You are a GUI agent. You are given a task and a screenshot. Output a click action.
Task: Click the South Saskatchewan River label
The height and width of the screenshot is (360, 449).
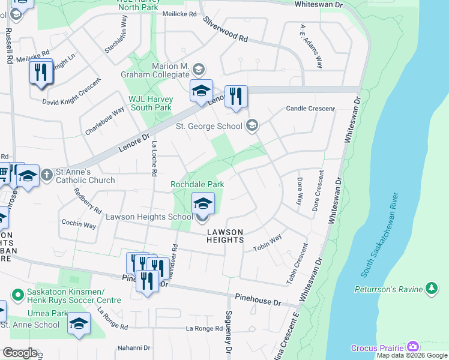point(379,235)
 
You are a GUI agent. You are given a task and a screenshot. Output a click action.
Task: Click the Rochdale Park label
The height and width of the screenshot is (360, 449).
point(197,184)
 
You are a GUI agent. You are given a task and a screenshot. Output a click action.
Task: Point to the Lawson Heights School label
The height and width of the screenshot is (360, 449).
point(149,217)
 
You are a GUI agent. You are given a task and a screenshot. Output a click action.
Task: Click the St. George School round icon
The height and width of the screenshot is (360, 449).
point(252,125)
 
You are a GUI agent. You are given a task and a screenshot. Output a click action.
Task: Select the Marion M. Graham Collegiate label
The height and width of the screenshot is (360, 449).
point(163,70)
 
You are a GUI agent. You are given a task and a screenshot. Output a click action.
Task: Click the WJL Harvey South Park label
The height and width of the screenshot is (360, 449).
point(150,103)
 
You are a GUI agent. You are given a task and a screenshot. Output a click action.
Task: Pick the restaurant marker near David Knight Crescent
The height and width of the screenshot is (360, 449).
point(41,72)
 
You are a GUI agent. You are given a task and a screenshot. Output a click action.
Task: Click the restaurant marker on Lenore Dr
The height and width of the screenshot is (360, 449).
point(236,96)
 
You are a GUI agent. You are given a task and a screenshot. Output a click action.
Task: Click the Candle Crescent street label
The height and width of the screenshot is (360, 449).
point(310,109)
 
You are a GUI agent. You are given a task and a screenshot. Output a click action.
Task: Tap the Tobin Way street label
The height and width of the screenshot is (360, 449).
point(267,243)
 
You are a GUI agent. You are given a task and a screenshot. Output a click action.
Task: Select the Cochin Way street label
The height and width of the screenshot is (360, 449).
point(79,224)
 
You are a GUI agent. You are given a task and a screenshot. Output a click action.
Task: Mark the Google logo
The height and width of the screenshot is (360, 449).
point(20,353)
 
